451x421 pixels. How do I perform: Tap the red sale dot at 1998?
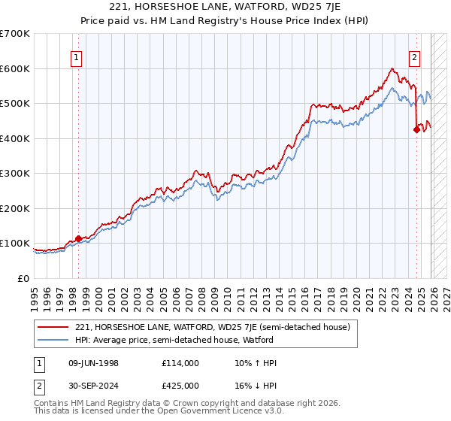[x=78, y=238]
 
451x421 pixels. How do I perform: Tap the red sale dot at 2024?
[x=416, y=129]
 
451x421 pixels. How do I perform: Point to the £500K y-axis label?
[x=15, y=103]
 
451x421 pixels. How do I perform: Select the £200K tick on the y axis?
[x=15, y=208]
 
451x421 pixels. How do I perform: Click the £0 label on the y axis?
[x=23, y=278]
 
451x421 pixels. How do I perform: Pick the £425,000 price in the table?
[x=180, y=385]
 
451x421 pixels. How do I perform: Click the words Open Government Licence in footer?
[x=195, y=412]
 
